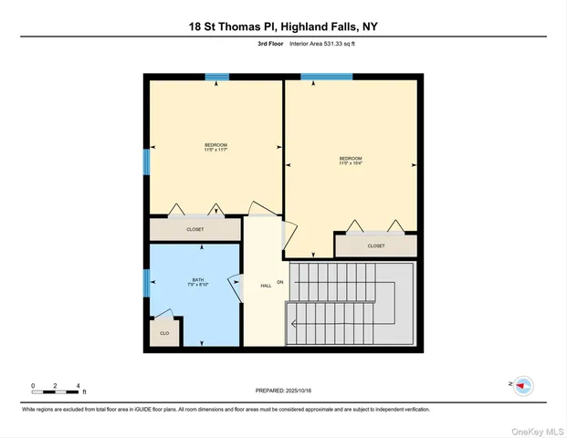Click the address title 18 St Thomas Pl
282,26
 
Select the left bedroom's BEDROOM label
215,147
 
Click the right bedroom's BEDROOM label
352,162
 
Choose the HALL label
266,286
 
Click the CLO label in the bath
164,333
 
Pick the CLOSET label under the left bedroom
195,229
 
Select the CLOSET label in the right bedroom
376,245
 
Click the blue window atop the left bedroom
216,77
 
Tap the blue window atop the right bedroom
326,77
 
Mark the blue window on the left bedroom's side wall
146,162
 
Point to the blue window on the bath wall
146,283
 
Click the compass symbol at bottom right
523,386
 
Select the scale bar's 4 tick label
79,386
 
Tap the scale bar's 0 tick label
33,386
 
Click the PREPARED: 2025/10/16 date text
283,391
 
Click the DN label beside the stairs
281,282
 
